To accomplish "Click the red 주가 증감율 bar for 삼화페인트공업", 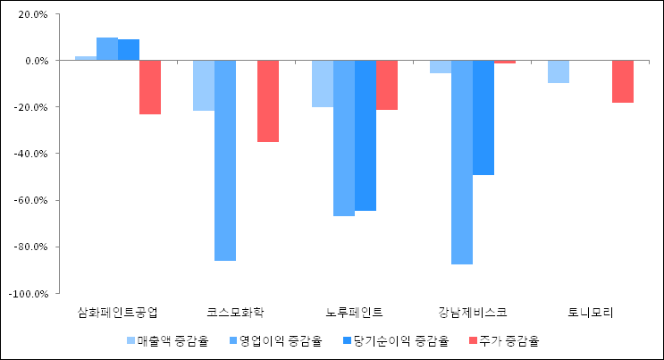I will tap(150, 88).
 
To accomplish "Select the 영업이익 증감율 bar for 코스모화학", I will tap(225, 161).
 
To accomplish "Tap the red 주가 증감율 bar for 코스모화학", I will tap(268, 101).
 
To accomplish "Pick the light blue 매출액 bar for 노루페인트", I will tap(323, 84).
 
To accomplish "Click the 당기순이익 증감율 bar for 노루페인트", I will tap(366, 136).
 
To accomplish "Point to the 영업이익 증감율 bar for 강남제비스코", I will tap(462, 163).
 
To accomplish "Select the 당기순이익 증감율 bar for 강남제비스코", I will tap(483, 118).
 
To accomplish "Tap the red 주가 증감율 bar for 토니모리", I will tap(623, 81).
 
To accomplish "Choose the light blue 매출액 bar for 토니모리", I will tap(559, 71).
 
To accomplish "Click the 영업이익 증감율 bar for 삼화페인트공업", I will tap(107, 49).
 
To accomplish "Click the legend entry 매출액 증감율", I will tap(167, 340).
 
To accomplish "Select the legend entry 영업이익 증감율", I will tap(274, 340).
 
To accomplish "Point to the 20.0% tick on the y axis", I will tap(32, 14).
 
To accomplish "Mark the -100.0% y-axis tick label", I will tap(29, 293).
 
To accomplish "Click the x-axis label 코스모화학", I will tap(236, 312).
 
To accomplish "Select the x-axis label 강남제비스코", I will tap(473, 312).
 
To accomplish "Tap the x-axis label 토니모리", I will tap(591, 312).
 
